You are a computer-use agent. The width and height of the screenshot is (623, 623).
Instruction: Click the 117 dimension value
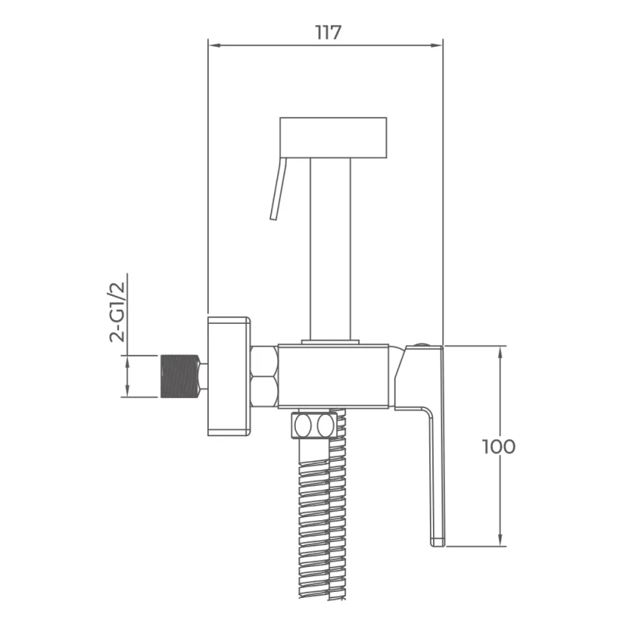(x=328, y=33)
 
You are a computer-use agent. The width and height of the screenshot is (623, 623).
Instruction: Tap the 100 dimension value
(x=498, y=446)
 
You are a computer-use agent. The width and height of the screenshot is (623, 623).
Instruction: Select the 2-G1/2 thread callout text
(x=117, y=311)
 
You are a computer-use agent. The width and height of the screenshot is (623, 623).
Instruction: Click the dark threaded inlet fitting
(x=179, y=376)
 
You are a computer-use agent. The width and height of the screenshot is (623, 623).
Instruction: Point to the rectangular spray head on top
(x=333, y=138)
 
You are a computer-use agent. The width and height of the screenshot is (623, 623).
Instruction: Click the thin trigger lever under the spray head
(x=278, y=188)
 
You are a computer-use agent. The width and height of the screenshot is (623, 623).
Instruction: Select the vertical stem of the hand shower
(x=330, y=249)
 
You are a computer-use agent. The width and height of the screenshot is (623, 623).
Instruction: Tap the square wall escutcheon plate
(x=229, y=376)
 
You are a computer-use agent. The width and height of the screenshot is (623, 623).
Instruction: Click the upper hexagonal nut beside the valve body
(x=265, y=361)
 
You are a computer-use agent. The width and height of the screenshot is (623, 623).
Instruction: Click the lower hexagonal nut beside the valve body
(x=265, y=392)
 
